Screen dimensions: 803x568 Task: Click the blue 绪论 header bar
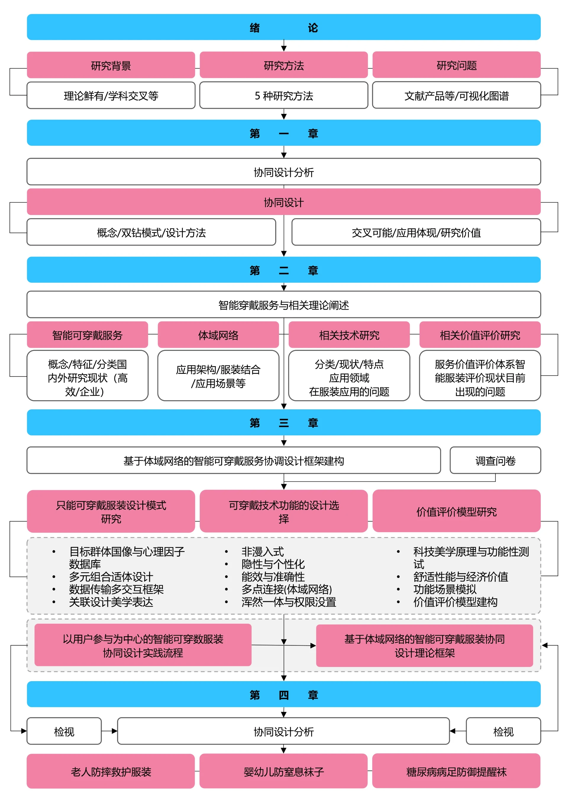(284, 27)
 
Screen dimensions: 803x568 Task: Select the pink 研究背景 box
(111, 65)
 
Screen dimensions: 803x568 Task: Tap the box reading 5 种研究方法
(284, 96)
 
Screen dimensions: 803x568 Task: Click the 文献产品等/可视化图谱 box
(456, 96)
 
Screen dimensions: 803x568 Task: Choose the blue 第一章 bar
(284, 133)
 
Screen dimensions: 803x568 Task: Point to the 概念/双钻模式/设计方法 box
(151, 232)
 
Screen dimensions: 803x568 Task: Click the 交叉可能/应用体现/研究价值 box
(416, 232)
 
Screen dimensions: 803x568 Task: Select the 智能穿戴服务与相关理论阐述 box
(284, 305)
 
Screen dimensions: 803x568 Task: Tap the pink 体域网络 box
(218, 335)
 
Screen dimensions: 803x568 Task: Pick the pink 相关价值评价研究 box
(480, 335)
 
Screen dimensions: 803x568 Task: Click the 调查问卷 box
(495, 461)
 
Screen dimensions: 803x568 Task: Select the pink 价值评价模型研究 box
(456, 511)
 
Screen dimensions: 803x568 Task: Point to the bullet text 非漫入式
(262, 552)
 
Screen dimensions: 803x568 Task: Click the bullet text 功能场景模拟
(445, 589)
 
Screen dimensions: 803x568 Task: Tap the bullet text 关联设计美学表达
(111, 602)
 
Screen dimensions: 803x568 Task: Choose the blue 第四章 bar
(284, 694)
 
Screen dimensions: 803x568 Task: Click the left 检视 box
(64, 731)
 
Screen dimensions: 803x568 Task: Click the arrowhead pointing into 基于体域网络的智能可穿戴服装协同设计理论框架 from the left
(313, 646)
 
